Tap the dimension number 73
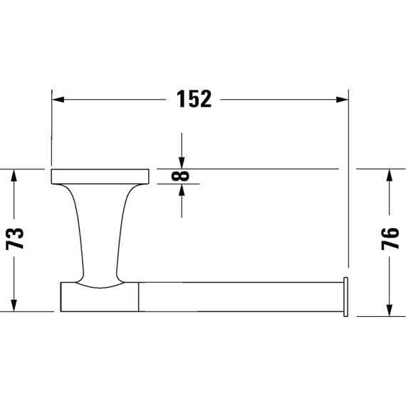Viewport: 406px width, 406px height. tap(16, 239)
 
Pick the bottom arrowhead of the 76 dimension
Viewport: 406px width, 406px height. tap(388, 308)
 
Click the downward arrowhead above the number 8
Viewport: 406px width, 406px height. tap(182, 162)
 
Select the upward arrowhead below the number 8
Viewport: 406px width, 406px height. tap(182, 191)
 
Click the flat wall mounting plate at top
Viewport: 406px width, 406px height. tap(100, 176)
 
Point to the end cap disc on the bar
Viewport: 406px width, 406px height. tap(346, 295)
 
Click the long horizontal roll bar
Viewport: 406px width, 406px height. tap(239, 295)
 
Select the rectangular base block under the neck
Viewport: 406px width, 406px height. tap(99, 298)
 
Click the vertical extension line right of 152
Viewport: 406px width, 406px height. tap(349, 178)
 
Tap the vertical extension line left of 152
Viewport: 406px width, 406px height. tap(51, 128)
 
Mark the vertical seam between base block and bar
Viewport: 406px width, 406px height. tap(138, 296)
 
